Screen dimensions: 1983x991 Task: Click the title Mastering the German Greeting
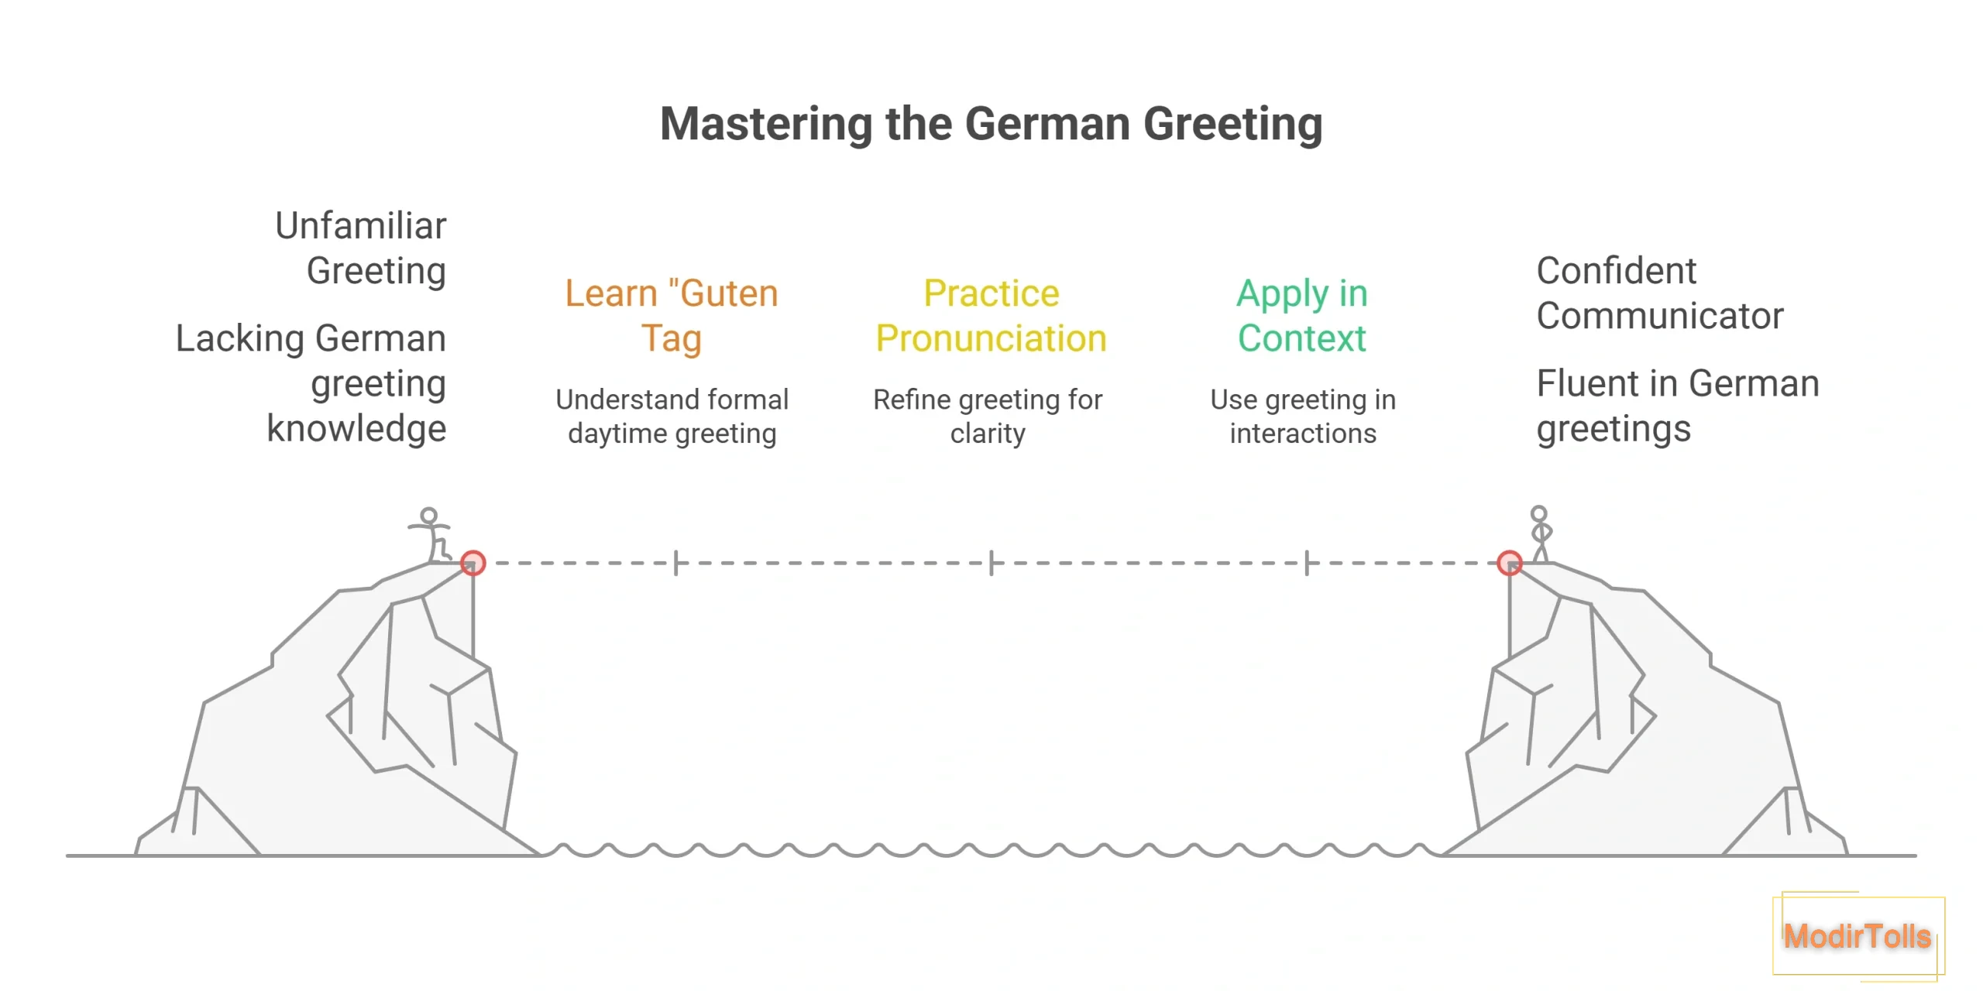(991, 124)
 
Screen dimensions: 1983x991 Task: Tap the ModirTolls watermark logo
(1858, 936)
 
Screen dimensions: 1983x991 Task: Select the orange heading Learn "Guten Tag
(672, 316)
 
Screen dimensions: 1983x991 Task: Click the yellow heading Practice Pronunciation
(991, 316)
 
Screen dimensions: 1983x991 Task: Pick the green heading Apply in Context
(1302, 316)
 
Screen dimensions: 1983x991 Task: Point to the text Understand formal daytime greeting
(672, 417)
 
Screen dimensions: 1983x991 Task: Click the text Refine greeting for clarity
(988, 417)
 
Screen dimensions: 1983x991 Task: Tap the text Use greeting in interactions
(1303, 417)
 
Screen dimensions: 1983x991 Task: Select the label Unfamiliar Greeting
(361, 248)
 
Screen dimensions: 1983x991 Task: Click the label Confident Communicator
(1659, 293)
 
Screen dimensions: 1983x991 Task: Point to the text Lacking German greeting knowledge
(311, 383)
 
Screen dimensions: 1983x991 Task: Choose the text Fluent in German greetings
(1678, 406)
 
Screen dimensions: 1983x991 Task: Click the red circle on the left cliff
(473, 563)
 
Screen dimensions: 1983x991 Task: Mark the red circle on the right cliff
(1510, 563)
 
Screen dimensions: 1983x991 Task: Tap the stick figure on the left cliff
(431, 534)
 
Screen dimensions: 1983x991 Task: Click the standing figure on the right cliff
(1541, 533)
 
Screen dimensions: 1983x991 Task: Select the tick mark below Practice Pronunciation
(991, 563)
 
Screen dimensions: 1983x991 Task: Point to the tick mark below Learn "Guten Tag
(676, 563)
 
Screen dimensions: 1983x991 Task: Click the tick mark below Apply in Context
(1307, 563)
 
